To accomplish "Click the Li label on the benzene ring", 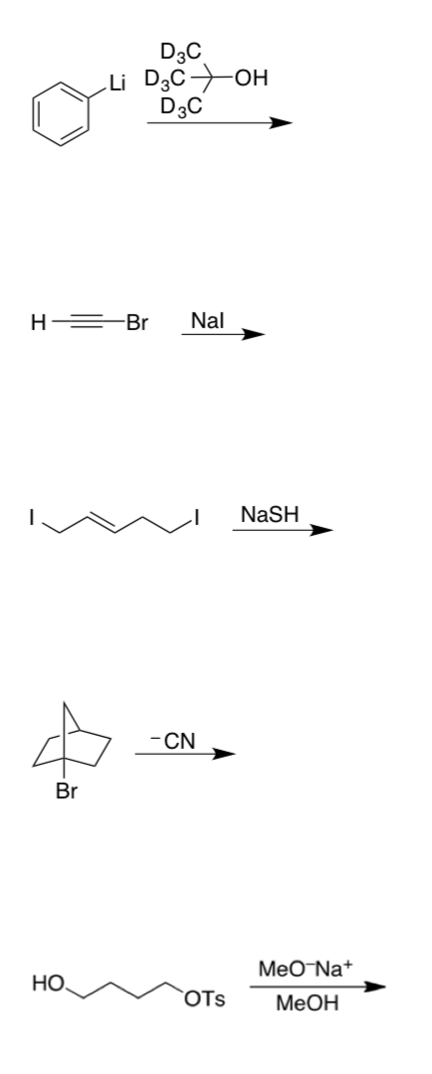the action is click(x=117, y=84).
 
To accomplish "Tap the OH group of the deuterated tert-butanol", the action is click(x=252, y=79).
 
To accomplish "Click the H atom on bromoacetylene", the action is click(x=39, y=322).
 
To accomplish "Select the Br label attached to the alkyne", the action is click(x=137, y=322).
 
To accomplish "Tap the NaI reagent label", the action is click(x=207, y=320).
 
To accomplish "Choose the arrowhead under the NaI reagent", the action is click(x=253, y=334).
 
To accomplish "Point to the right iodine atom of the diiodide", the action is click(x=197, y=516).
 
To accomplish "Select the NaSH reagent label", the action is click(x=270, y=514).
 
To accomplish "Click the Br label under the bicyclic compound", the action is click(x=67, y=792).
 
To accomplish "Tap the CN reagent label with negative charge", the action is click(x=173, y=741).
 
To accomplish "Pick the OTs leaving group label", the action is click(x=204, y=999).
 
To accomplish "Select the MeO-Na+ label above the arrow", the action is click(x=306, y=969).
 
